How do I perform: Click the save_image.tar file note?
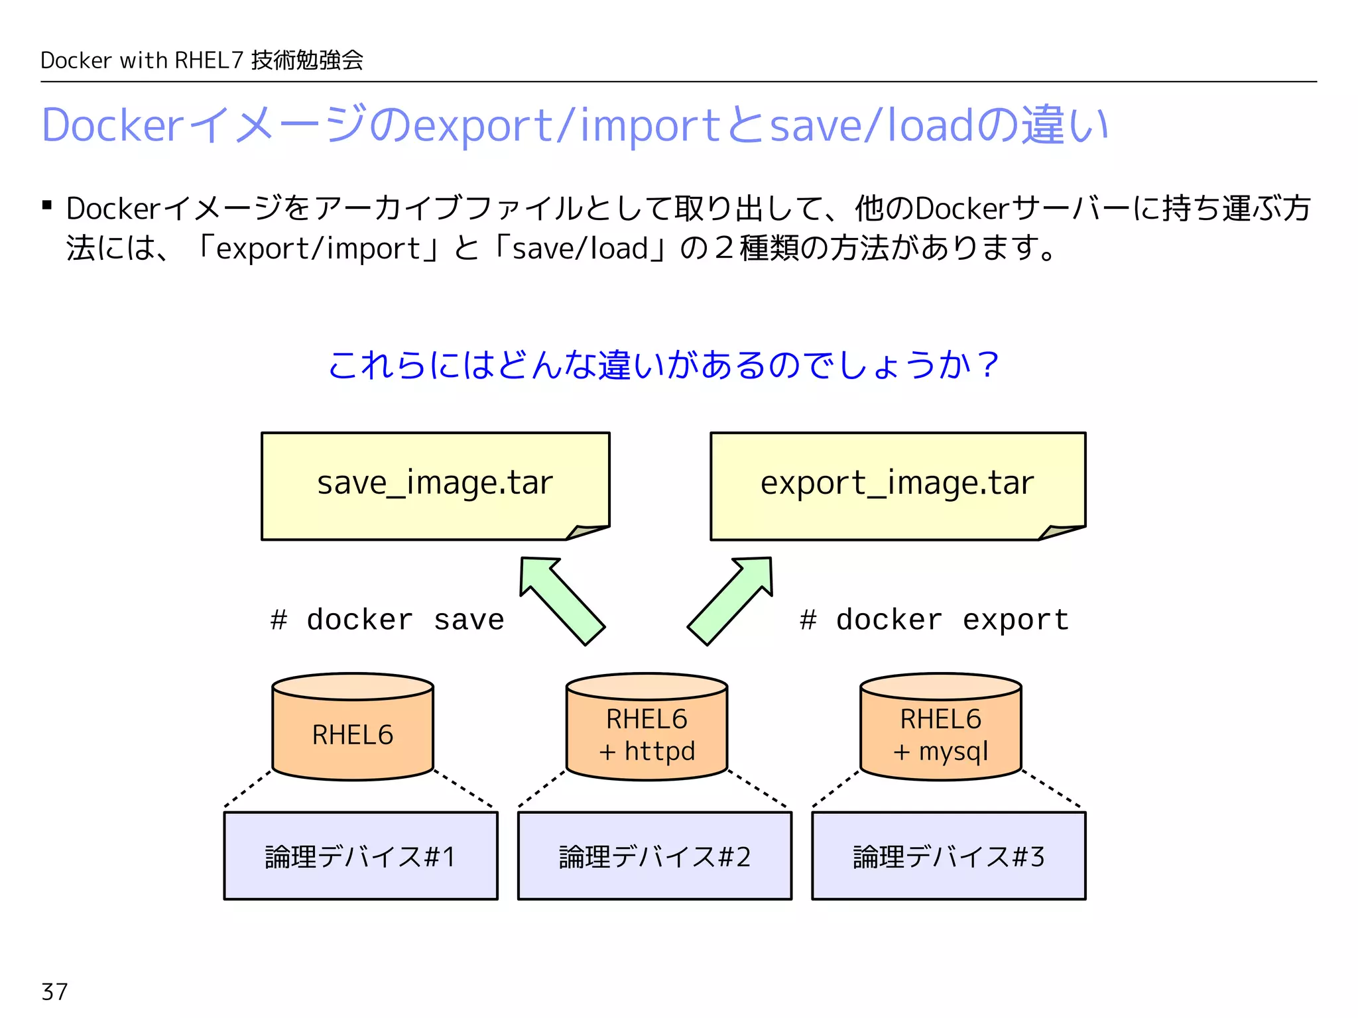pyautogui.click(x=435, y=485)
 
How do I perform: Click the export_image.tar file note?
pyautogui.click(x=897, y=485)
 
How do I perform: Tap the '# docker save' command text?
pyautogui.click(x=387, y=620)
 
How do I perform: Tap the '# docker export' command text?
pyautogui.click(x=934, y=620)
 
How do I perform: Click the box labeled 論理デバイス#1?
pyautogui.click(x=361, y=856)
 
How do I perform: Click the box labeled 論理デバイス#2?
pyautogui.click(x=654, y=856)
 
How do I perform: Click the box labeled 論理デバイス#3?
pyautogui.click(x=948, y=856)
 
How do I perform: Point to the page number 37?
pyautogui.click(x=54, y=991)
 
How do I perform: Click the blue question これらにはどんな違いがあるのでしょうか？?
pyautogui.click(x=663, y=365)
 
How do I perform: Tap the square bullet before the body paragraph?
pyautogui.click(x=47, y=205)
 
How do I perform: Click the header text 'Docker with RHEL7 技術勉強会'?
pyautogui.click(x=202, y=60)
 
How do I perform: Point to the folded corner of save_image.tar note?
pyautogui.click(x=587, y=532)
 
